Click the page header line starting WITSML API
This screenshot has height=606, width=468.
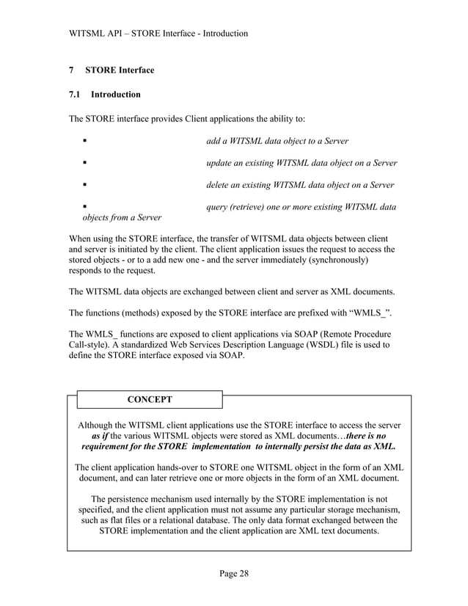[x=158, y=34]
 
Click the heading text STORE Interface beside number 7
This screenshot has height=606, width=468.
[x=120, y=70]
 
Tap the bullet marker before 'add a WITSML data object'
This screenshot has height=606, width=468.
[x=85, y=141]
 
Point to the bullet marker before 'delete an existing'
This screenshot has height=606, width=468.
[x=85, y=185]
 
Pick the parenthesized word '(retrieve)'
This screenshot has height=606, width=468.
[x=259, y=207]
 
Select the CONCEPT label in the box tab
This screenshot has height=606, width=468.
[x=150, y=400]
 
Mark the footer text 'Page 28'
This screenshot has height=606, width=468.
[x=234, y=573]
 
